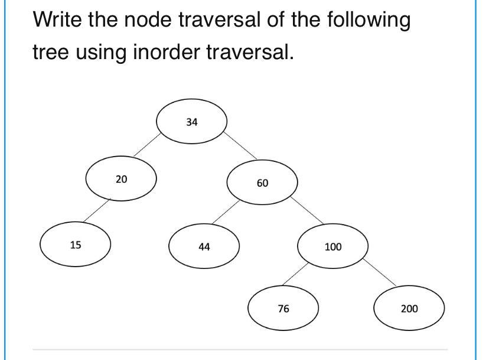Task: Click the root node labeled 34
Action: [x=191, y=122]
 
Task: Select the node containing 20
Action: [x=121, y=179]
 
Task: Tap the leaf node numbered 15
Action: [x=75, y=244]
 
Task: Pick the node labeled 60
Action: [x=262, y=183]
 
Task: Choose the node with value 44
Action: [x=204, y=247]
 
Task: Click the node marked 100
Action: [x=333, y=246]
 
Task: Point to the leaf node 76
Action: [x=283, y=308]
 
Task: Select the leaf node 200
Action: [x=409, y=308]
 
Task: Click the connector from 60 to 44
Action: [x=226, y=211]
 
